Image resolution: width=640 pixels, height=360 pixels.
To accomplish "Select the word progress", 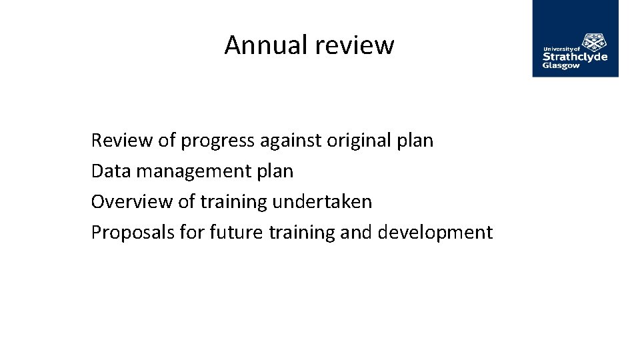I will click(x=217, y=141).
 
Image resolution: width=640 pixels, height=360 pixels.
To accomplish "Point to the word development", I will click(x=435, y=233).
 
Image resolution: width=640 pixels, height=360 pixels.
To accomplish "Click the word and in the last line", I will click(x=358, y=233).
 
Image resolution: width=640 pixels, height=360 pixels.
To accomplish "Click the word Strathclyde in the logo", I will click(x=575, y=57).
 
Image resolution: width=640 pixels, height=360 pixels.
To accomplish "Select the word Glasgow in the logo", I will click(x=561, y=66).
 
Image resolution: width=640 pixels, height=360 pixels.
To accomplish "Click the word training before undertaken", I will click(x=235, y=202).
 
